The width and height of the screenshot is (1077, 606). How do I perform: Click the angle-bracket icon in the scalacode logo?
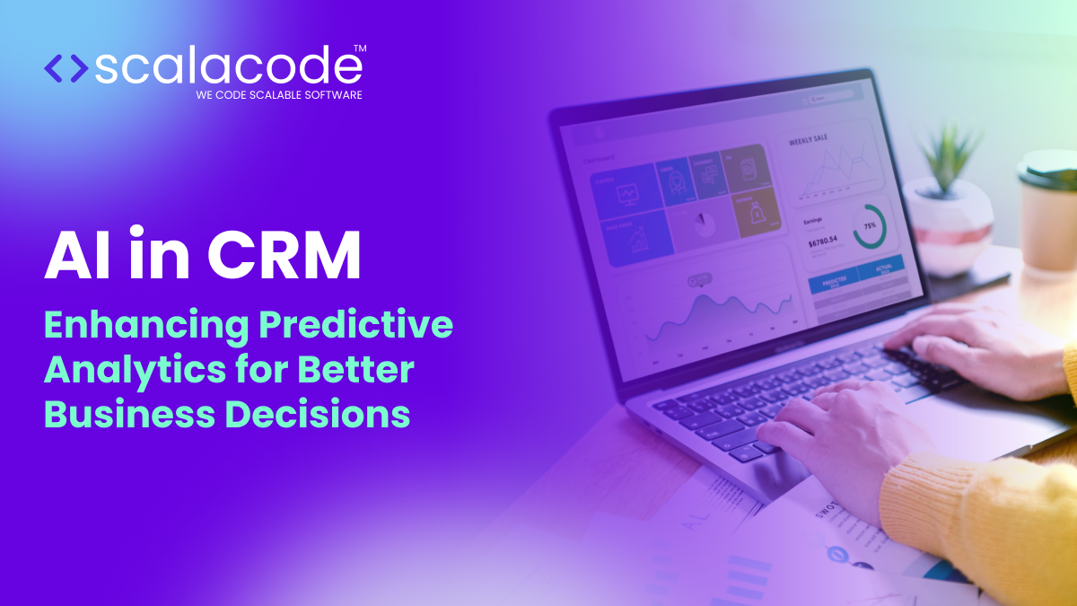click(66, 68)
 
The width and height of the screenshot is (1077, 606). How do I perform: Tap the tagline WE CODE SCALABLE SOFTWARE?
click(278, 94)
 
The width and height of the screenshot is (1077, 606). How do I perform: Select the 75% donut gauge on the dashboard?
click(869, 227)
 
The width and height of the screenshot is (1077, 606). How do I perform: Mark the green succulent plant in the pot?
click(945, 162)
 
